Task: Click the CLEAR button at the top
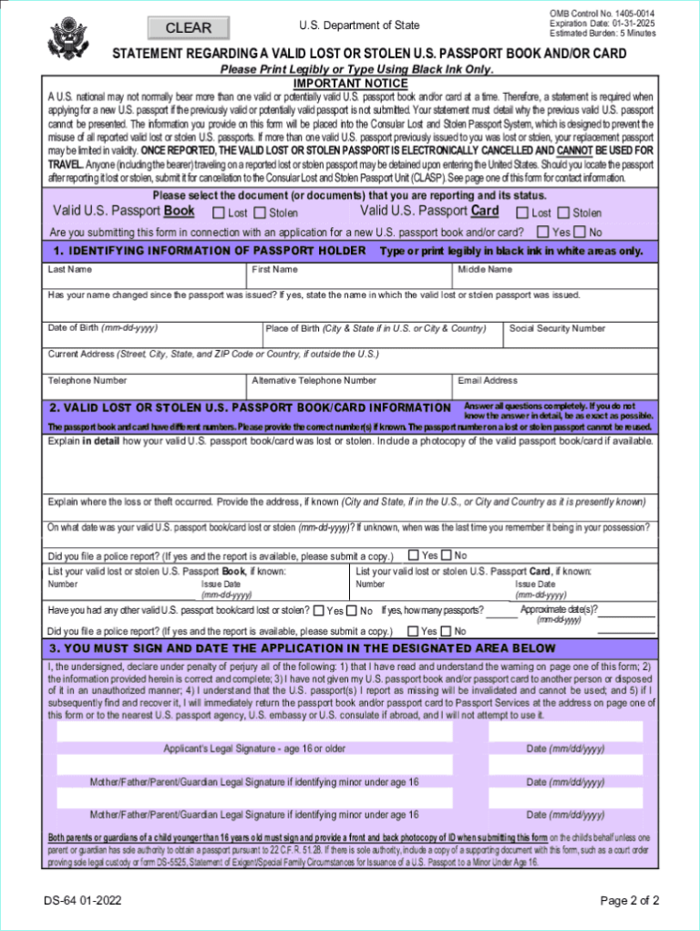pos(188,28)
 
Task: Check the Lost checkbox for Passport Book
pos(219,213)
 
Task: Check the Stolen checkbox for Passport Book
pos(260,213)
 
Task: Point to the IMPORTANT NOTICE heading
pos(350,83)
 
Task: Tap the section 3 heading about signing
pos(303,648)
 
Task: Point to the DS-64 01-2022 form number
pos(84,901)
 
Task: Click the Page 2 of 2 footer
pos(630,901)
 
